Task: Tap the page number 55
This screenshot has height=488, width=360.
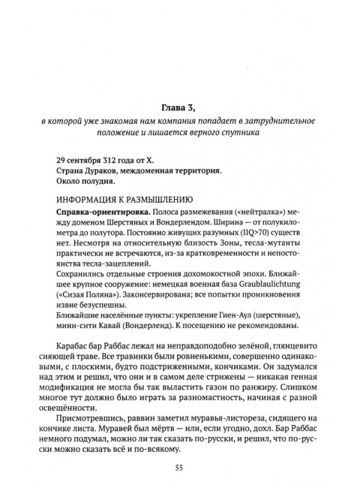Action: coord(179,468)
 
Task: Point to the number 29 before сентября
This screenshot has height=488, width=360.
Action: coord(61,161)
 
